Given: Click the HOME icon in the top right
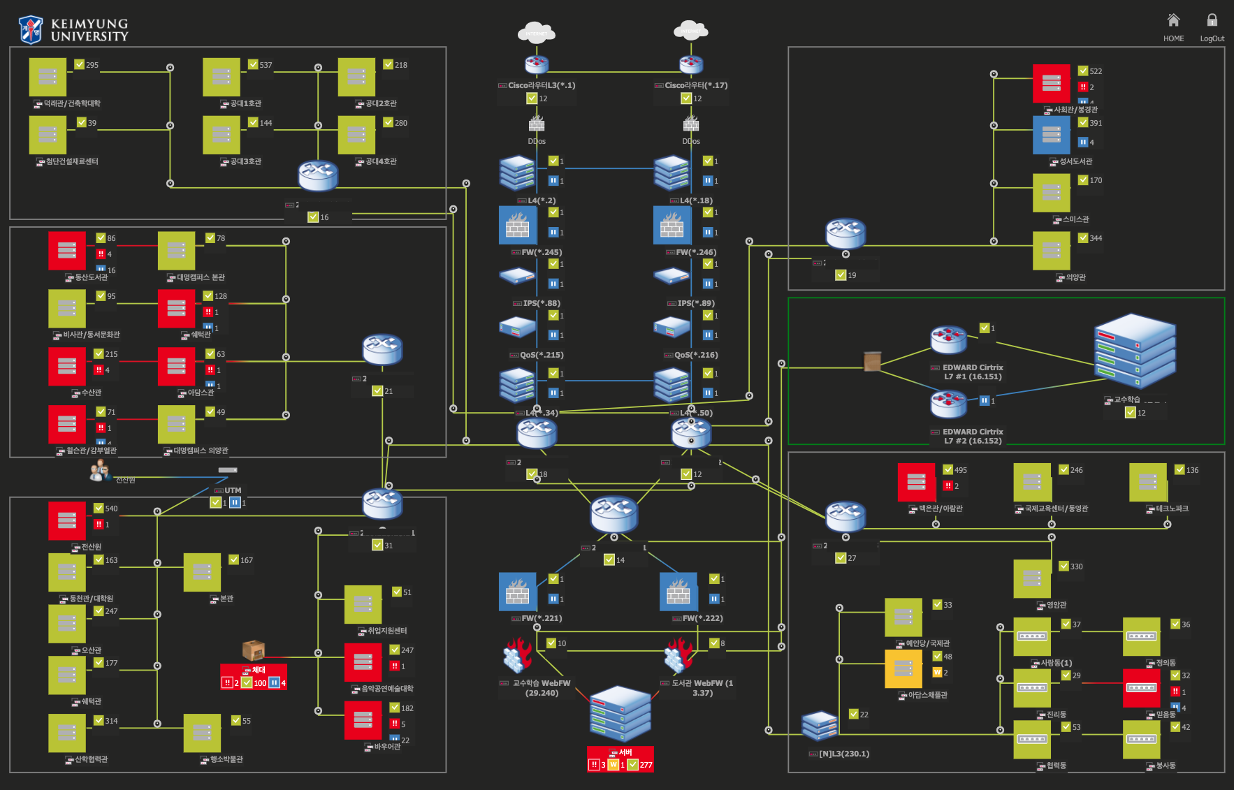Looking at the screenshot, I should (x=1173, y=20).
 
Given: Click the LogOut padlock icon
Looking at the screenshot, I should (x=1212, y=20).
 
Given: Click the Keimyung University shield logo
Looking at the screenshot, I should (x=31, y=30).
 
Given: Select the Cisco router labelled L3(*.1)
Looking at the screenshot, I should (x=537, y=65).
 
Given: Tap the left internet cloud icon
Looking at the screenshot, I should (x=536, y=33).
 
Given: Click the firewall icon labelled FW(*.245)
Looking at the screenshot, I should (x=517, y=225).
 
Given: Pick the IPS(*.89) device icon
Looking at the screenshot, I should (x=672, y=276).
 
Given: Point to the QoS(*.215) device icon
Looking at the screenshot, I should (x=517, y=327).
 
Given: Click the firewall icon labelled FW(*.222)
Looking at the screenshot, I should (x=678, y=592).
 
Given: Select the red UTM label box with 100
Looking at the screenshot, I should (x=254, y=677).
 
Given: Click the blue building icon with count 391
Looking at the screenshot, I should (x=1051, y=135).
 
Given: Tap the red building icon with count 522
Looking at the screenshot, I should (x=1051, y=83).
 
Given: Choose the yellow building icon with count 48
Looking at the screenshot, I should (x=903, y=669).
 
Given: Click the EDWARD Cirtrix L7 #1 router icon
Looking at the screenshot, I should (x=948, y=340).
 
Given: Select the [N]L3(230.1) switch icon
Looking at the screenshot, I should (x=820, y=726).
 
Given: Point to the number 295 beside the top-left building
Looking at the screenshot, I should (x=92, y=65).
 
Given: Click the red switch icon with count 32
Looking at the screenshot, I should (x=1141, y=688).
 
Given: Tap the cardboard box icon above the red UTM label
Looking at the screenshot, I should (x=253, y=650).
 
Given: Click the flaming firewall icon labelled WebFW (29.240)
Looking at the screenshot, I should (x=518, y=656).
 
